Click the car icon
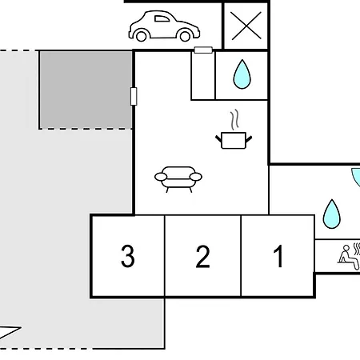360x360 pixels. click(x=164, y=26)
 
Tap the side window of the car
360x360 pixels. click(x=162, y=18)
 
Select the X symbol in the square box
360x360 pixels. click(x=246, y=26)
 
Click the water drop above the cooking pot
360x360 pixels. click(x=242, y=74)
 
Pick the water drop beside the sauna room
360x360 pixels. click(x=331, y=214)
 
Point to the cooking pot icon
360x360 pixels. click(x=234, y=140)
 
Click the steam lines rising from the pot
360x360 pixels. click(x=234, y=119)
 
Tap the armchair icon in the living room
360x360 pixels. click(x=178, y=179)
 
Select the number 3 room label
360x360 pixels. click(x=128, y=256)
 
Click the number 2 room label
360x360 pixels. click(x=202, y=257)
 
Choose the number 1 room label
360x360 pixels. click(x=278, y=256)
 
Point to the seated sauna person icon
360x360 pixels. click(x=348, y=258)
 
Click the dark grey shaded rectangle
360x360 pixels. click(x=86, y=90)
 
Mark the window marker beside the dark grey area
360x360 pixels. click(x=134, y=96)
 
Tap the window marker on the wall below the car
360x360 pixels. click(x=203, y=50)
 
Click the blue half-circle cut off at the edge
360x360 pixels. click(x=357, y=177)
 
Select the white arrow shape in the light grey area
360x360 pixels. click(x=8, y=333)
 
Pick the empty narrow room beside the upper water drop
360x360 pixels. click(x=203, y=76)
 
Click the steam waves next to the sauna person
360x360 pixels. click(x=357, y=249)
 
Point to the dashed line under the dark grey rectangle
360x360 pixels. click(x=86, y=129)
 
